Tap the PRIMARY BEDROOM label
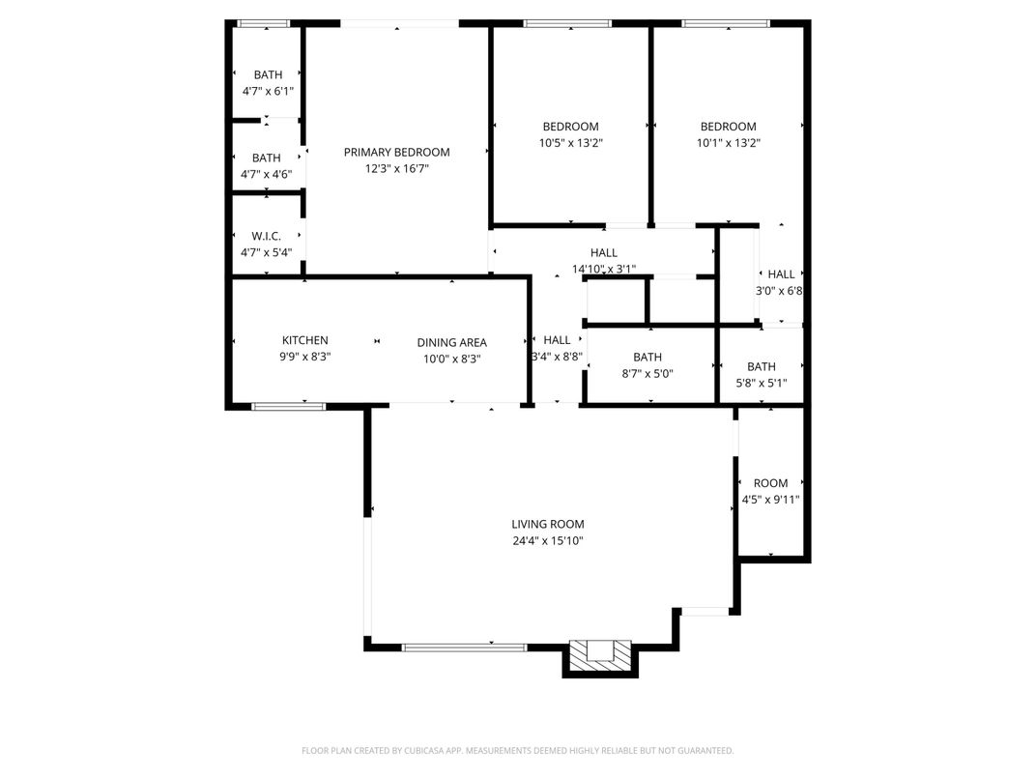click(x=396, y=152)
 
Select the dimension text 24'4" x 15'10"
click(x=547, y=540)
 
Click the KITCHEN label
click(x=304, y=340)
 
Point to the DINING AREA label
click(x=451, y=342)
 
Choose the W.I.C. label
click(x=267, y=236)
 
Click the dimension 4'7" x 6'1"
click(x=268, y=91)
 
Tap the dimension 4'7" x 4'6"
click(x=267, y=174)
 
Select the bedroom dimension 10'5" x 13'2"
click(x=570, y=142)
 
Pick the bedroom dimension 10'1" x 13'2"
click(x=728, y=142)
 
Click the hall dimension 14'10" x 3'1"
click(x=603, y=269)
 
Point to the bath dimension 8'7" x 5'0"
click(x=647, y=373)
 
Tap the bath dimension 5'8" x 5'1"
click(x=761, y=383)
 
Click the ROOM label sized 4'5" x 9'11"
click(x=770, y=483)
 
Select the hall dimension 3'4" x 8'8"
click(x=557, y=356)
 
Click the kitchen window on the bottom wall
click(x=289, y=406)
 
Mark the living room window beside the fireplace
click(x=465, y=647)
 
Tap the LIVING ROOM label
click(x=547, y=524)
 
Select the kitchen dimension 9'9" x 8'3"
click(x=304, y=357)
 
